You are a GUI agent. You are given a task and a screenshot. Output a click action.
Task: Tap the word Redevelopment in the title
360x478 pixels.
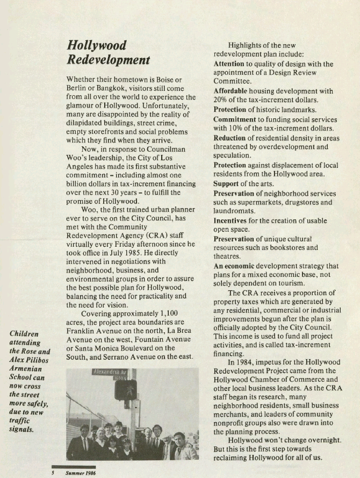(x=108, y=60)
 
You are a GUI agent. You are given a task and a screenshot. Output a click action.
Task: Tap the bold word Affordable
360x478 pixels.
(x=231, y=91)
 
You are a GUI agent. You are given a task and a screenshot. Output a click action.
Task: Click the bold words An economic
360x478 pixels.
(x=234, y=266)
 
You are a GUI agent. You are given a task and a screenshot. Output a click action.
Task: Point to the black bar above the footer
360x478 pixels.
(x=74, y=466)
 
